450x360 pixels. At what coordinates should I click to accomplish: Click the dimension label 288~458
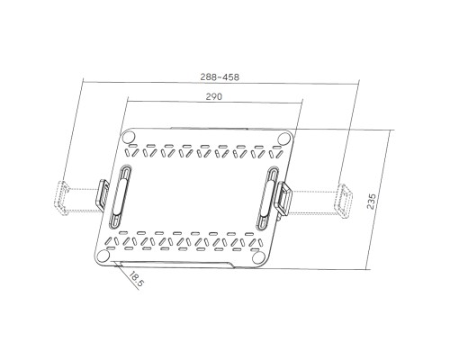tap(219, 78)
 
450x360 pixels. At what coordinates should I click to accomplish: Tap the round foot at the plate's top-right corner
tap(284, 137)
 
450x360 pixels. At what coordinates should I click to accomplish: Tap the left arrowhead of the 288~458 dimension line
tap(83, 84)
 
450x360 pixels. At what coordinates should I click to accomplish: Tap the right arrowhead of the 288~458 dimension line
tap(358, 84)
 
